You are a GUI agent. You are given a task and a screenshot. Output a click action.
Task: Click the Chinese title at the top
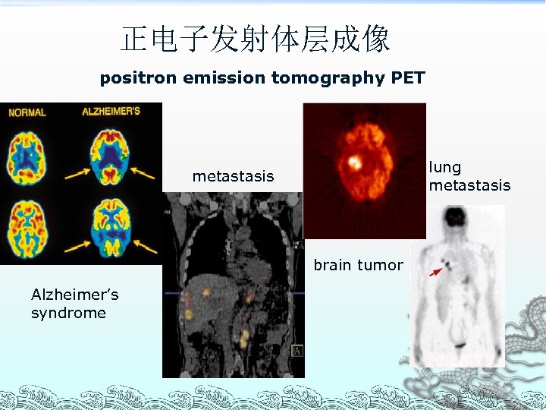pyautogui.click(x=256, y=39)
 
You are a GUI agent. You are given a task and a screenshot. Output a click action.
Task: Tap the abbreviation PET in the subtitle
pyautogui.click(x=408, y=77)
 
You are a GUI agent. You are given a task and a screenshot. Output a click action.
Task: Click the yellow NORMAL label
pyautogui.click(x=27, y=112)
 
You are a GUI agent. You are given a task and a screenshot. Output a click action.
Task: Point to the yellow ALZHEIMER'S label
pyautogui.click(x=111, y=112)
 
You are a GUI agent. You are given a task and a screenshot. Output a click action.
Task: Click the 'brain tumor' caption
pyautogui.click(x=358, y=265)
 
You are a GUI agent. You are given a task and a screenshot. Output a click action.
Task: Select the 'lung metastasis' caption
pyautogui.click(x=469, y=176)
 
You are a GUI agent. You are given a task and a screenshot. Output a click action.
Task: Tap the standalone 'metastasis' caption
pyautogui.click(x=233, y=176)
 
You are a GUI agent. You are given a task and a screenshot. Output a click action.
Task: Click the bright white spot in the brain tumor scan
pyautogui.click(x=353, y=162)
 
